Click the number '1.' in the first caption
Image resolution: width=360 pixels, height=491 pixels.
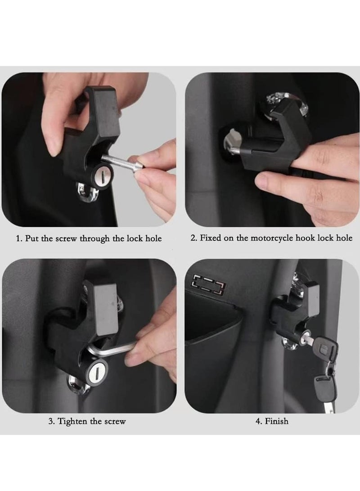[x=19, y=239]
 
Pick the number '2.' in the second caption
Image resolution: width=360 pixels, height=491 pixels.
[x=193, y=238]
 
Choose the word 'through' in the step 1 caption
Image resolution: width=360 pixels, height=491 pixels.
[x=95, y=239]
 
